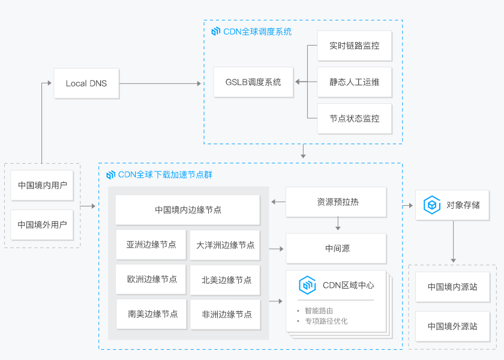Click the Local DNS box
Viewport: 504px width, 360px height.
(86, 83)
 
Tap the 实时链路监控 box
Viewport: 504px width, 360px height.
(354, 46)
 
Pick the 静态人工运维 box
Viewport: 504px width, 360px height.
(354, 82)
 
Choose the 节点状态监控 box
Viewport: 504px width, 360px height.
(354, 119)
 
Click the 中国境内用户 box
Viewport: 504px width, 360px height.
(42, 185)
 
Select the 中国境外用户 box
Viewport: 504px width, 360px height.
(42, 225)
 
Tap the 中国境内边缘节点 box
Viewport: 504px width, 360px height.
(188, 210)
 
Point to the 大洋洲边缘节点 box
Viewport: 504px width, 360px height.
(225, 245)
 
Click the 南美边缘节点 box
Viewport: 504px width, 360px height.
(152, 314)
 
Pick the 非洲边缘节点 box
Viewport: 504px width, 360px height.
(226, 314)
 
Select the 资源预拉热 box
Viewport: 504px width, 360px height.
(337, 202)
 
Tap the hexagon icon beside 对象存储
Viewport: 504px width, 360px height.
(432, 205)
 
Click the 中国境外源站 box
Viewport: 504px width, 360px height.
(452, 326)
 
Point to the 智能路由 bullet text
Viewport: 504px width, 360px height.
(319, 311)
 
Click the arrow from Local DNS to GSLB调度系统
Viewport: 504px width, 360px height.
(160, 83)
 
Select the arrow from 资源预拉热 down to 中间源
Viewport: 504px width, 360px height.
(338, 224)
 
